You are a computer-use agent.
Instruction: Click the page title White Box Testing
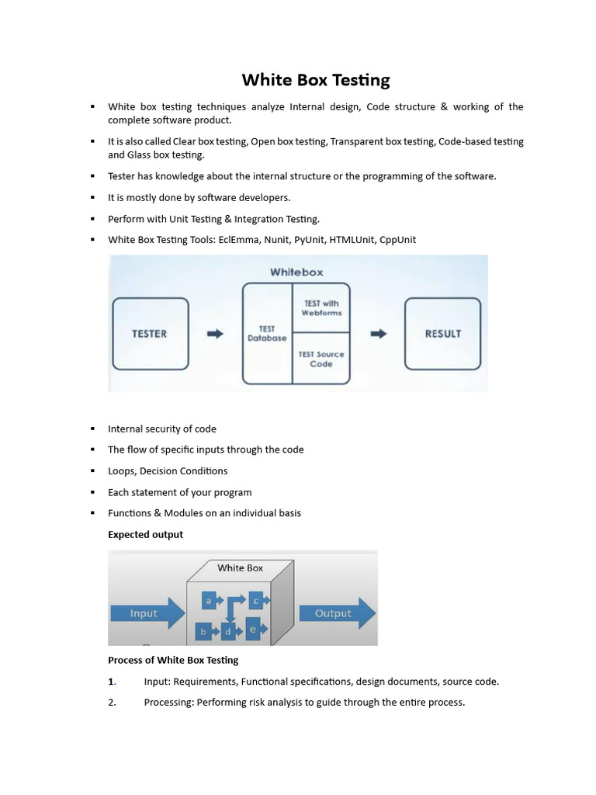click(x=316, y=79)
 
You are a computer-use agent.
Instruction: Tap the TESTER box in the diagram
click(x=151, y=334)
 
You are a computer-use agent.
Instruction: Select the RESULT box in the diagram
click(x=442, y=334)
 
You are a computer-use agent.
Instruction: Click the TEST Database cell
click(x=267, y=334)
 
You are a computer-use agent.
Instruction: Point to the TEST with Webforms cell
click(x=321, y=308)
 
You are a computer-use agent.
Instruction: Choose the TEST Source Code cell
click(x=321, y=359)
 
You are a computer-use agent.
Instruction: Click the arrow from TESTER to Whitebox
click(x=215, y=334)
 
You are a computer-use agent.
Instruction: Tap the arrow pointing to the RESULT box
click(x=378, y=334)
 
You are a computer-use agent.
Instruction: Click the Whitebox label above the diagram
click(x=296, y=273)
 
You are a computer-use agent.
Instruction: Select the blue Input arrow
click(x=147, y=613)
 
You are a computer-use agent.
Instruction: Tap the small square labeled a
click(x=209, y=600)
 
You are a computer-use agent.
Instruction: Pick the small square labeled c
click(x=255, y=600)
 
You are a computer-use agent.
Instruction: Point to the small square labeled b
click(x=203, y=632)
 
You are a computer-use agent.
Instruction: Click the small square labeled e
click(x=253, y=629)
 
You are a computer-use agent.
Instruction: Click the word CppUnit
click(x=397, y=240)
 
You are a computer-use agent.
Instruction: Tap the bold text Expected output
click(x=146, y=534)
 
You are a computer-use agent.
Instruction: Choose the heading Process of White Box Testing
click(x=173, y=661)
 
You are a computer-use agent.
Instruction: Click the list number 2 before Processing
click(x=112, y=703)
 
